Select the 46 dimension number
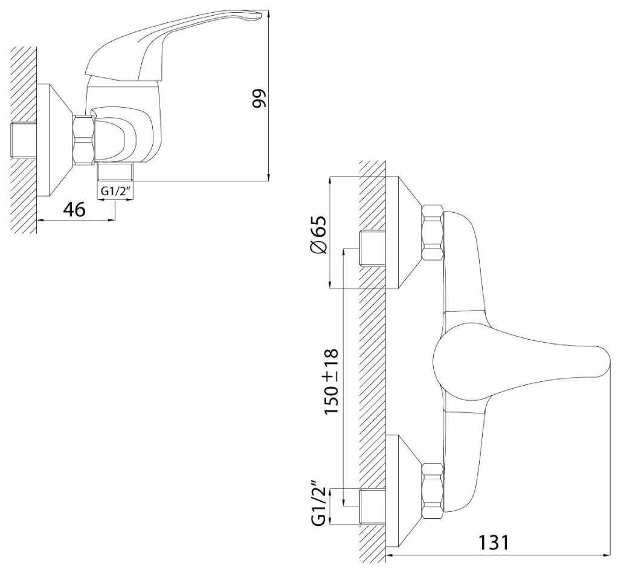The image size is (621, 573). tap(74, 209)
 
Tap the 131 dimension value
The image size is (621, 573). tap(494, 543)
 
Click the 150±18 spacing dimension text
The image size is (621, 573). tap(331, 381)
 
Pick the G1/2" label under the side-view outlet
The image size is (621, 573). tap(115, 191)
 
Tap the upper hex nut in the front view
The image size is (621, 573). tap(433, 233)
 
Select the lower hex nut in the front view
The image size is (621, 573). tap(433, 491)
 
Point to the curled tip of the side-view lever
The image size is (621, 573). tap(256, 15)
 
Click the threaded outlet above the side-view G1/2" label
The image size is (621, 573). tap(116, 172)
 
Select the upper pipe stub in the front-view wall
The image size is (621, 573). tap(372, 248)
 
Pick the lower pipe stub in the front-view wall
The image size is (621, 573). tap(372, 506)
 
